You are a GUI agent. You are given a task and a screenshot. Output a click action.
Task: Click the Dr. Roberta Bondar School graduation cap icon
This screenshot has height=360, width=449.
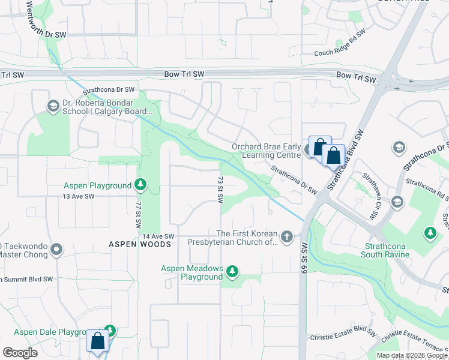click(x=53, y=106)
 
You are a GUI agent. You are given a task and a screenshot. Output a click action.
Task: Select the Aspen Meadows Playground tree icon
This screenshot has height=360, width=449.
click(x=232, y=273)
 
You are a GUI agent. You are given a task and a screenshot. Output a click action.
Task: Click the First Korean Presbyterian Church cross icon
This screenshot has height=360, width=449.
click(x=286, y=238)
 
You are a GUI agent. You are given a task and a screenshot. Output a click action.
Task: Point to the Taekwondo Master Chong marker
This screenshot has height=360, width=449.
click(x=56, y=249)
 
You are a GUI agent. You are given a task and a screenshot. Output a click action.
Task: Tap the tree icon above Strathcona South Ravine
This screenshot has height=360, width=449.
click(x=430, y=232)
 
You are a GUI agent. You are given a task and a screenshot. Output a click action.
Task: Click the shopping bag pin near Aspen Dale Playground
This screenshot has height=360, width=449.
click(x=98, y=341)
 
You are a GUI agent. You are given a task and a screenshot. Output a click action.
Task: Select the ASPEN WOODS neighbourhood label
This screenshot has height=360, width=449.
click(x=140, y=244)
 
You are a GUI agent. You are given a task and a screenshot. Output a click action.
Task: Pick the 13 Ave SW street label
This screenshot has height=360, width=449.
click(x=79, y=196)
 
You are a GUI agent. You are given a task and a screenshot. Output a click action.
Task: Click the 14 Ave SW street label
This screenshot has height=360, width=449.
click(x=158, y=237)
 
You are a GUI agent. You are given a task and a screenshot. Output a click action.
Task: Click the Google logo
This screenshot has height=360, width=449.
click(x=20, y=353)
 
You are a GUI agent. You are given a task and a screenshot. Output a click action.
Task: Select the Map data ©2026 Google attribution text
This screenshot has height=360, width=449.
click(x=411, y=355)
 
